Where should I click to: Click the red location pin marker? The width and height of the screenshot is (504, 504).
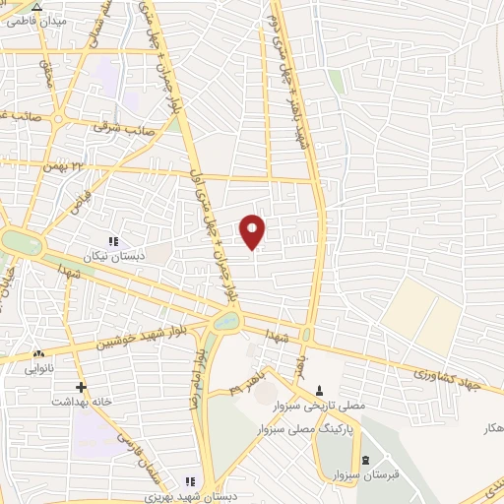click(253, 230)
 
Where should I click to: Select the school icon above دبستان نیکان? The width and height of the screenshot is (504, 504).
click(113, 241)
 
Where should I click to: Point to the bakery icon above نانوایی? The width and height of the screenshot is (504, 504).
click(38, 353)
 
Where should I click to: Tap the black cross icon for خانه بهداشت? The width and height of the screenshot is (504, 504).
click(81, 387)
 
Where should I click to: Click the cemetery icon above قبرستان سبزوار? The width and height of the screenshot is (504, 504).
click(364, 462)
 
